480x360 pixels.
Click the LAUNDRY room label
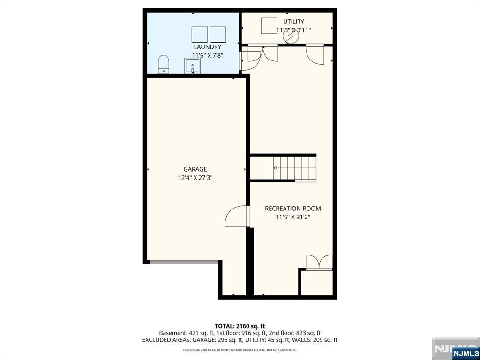coord(207,47)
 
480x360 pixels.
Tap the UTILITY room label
coord(293,22)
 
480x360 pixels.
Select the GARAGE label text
coord(195,169)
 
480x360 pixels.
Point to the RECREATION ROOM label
coord(292,209)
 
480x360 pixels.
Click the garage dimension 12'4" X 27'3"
coord(195,178)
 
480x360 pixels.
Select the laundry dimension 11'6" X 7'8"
coord(207,55)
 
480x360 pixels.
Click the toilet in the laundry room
coord(164,64)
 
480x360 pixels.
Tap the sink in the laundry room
coord(192,66)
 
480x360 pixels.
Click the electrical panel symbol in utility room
coord(290,37)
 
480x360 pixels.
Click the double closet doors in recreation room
coord(319,262)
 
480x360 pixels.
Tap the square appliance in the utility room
coord(269,26)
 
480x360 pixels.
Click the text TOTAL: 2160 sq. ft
coord(240,326)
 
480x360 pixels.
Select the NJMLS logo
coord(465,352)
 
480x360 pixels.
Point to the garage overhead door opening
coord(184,262)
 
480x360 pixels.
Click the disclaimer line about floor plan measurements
coord(240,350)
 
